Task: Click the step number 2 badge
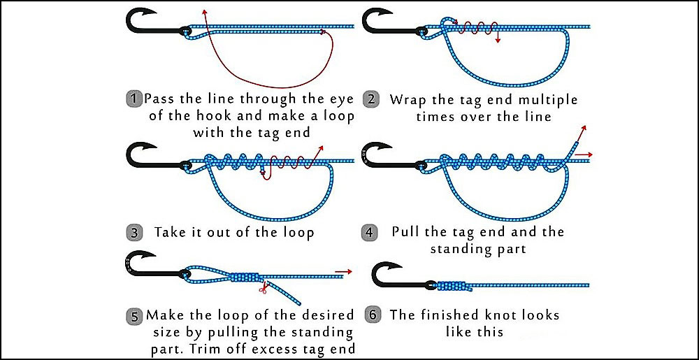pyautogui.click(x=372, y=99)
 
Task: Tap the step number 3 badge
pyautogui.click(x=134, y=231)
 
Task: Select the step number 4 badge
pyautogui.click(x=372, y=231)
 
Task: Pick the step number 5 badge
pyautogui.click(x=134, y=315)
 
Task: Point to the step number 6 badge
pyautogui.click(x=372, y=315)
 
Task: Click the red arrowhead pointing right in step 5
pyautogui.click(x=347, y=270)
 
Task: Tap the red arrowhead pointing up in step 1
pyautogui.click(x=203, y=12)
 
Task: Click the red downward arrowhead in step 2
pyautogui.click(x=497, y=41)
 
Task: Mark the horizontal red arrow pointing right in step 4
pyautogui.click(x=589, y=154)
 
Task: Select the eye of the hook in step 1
pyautogui.click(x=185, y=31)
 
